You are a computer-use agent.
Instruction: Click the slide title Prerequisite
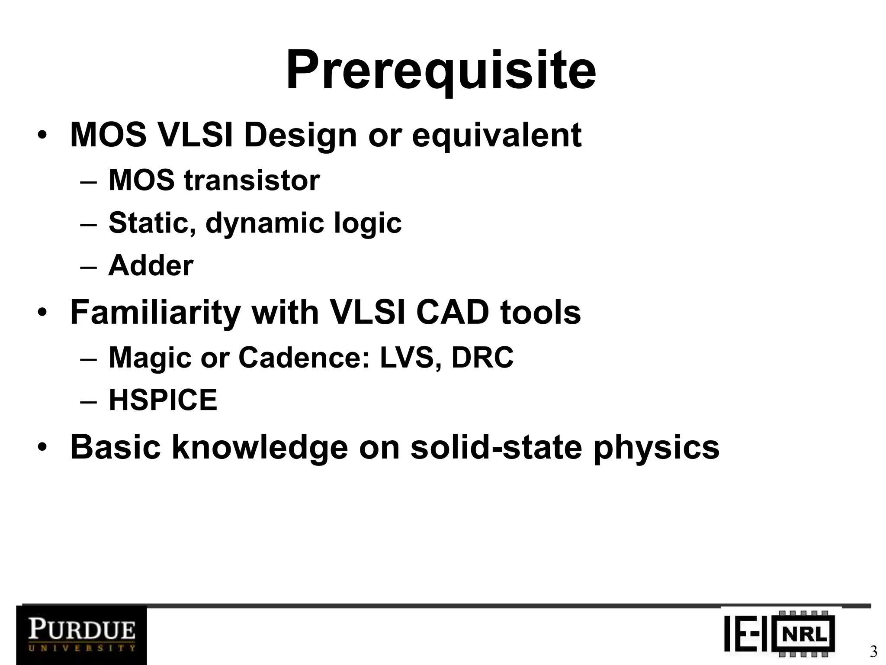point(441,71)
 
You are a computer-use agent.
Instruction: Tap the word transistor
point(252,180)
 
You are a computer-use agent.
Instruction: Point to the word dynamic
point(264,223)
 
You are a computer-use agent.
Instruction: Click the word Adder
point(151,265)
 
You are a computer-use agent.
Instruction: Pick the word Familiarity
point(155,313)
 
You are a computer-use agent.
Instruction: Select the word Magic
point(150,358)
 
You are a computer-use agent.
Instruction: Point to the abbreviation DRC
point(482,358)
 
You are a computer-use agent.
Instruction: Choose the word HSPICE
point(163,400)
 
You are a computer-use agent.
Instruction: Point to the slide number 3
point(873,652)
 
